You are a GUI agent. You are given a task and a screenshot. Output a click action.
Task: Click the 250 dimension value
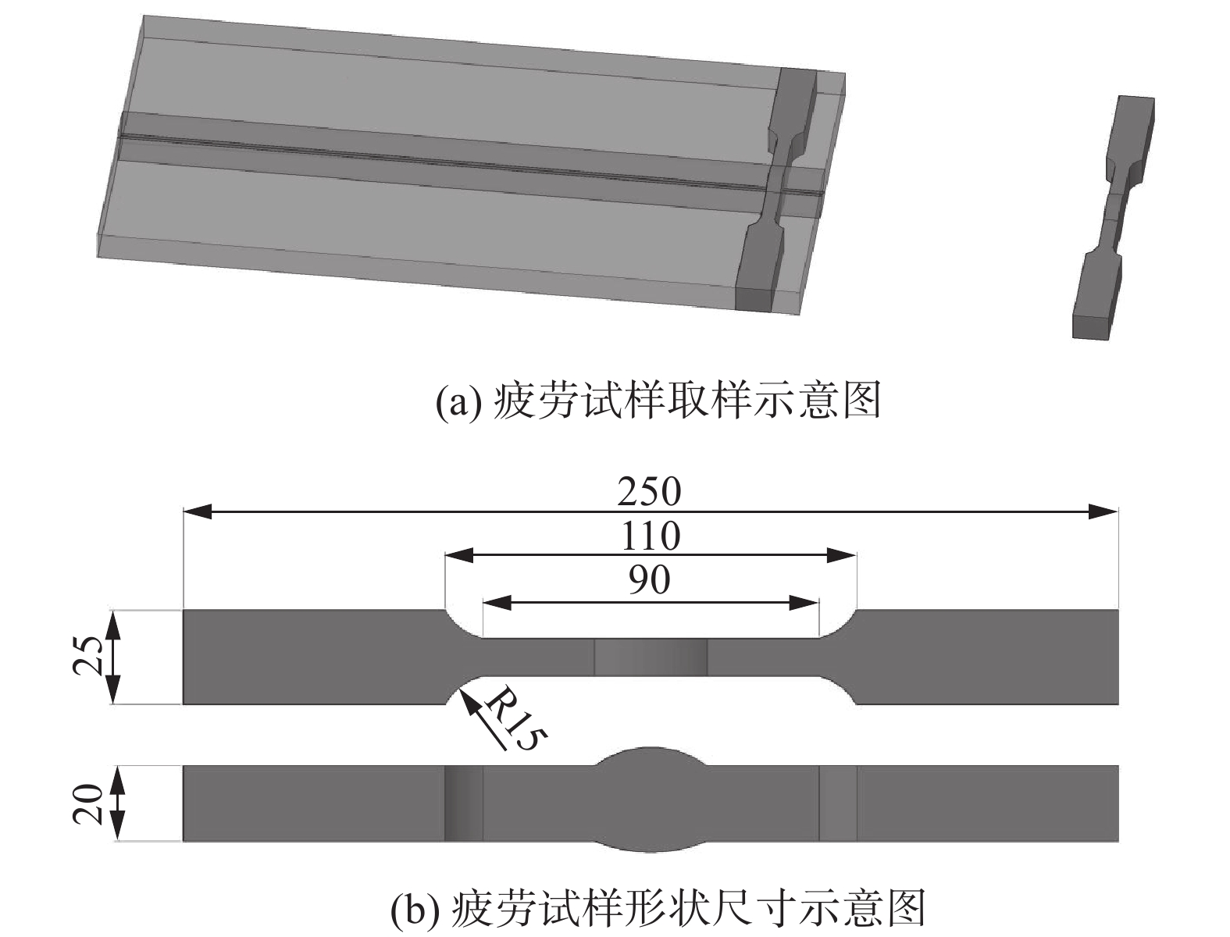[649, 492]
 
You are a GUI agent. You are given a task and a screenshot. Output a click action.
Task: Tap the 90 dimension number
[649, 580]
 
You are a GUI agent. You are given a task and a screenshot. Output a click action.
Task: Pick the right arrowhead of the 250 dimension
[1104, 512]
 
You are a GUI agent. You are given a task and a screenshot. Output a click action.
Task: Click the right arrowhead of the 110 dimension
[843, 556]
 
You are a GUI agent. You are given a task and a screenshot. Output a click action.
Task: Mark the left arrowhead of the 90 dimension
[497, 602]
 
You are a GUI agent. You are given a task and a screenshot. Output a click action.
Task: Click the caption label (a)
[455, 401]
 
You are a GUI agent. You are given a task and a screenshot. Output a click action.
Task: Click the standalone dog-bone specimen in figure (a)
[1113, 219]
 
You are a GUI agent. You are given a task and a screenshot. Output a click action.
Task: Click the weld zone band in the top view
[651, 657]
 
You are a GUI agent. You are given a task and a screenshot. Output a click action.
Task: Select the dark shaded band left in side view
[463, 803]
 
